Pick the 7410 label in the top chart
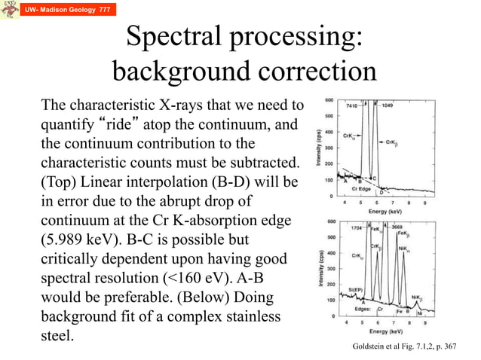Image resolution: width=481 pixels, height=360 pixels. point(352,106)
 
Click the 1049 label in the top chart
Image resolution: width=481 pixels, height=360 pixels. point(388,106)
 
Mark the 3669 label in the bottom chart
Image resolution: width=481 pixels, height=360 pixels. point(400,226)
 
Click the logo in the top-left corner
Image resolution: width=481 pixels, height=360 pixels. point(9,11)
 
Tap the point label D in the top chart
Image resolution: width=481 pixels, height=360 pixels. point(381,192)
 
